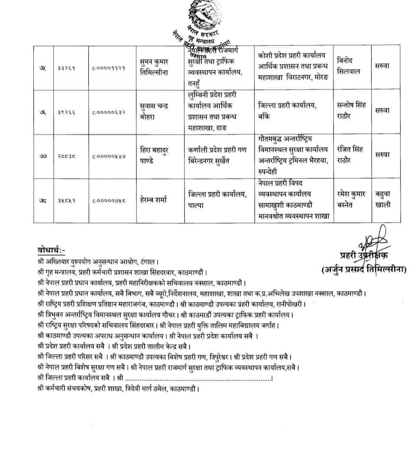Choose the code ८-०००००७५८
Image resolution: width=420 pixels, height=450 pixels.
(x=109, y=201)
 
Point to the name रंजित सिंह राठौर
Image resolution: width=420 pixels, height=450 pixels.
(x=350, y=154)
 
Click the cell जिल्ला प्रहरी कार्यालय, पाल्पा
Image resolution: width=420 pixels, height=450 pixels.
(x=217, y=200)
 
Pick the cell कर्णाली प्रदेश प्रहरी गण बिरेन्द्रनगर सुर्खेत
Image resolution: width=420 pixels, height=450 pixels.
(x=217, y=155)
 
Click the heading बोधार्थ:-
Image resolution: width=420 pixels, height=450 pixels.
(x=51, y=250)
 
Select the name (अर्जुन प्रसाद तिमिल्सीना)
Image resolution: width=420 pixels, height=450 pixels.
(x=364, y=269)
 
